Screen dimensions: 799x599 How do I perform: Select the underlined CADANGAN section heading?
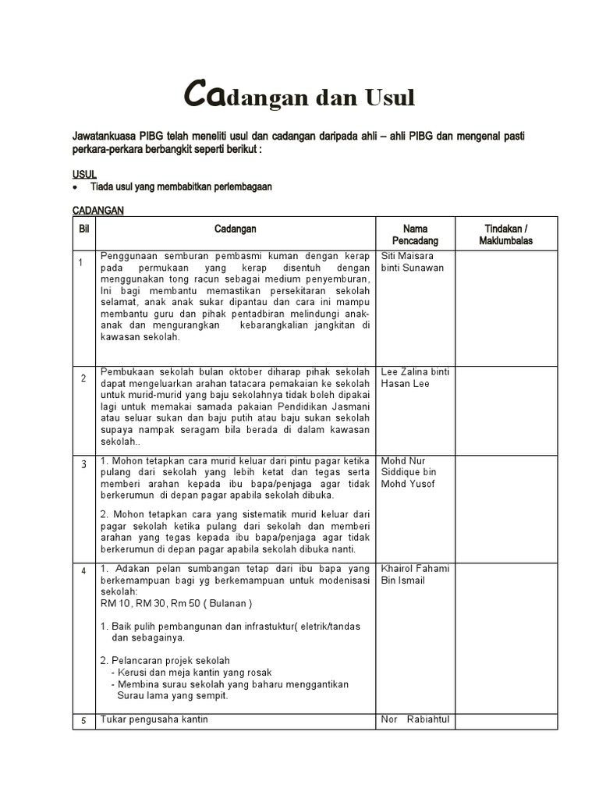pos(98,211)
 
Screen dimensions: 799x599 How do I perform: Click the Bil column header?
pos(84,229)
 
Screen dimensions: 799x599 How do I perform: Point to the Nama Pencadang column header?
pos(415,235)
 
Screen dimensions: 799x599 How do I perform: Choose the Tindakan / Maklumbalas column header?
pos(506,235)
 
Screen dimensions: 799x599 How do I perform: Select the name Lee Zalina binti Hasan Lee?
pos(414,378)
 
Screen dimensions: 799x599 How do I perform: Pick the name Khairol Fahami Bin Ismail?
pos(415,574)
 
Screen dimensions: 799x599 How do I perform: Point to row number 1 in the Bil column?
pos(81,263)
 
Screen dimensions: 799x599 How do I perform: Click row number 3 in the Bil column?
pos(83,465)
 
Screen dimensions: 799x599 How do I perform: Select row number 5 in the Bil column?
pos(83,722)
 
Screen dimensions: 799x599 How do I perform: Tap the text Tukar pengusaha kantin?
pos(154,719)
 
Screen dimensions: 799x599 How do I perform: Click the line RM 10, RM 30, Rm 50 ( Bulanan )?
pos(176,604)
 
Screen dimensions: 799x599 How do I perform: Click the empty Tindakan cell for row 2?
pos(506,410)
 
